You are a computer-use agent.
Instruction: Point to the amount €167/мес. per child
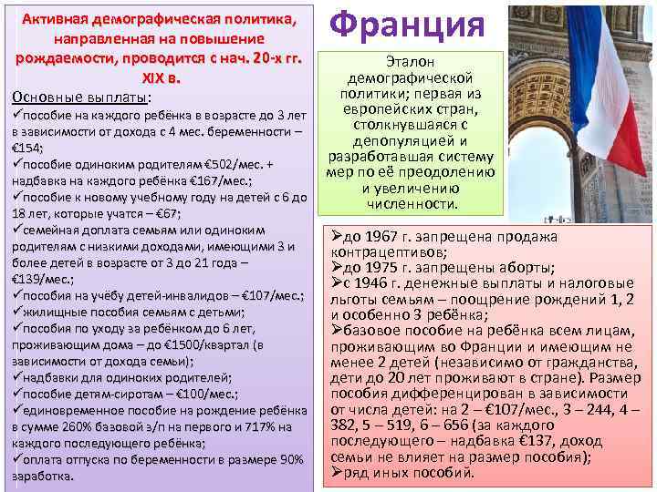[x=188, y=180]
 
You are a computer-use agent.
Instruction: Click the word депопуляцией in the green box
[x=409, y=141]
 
